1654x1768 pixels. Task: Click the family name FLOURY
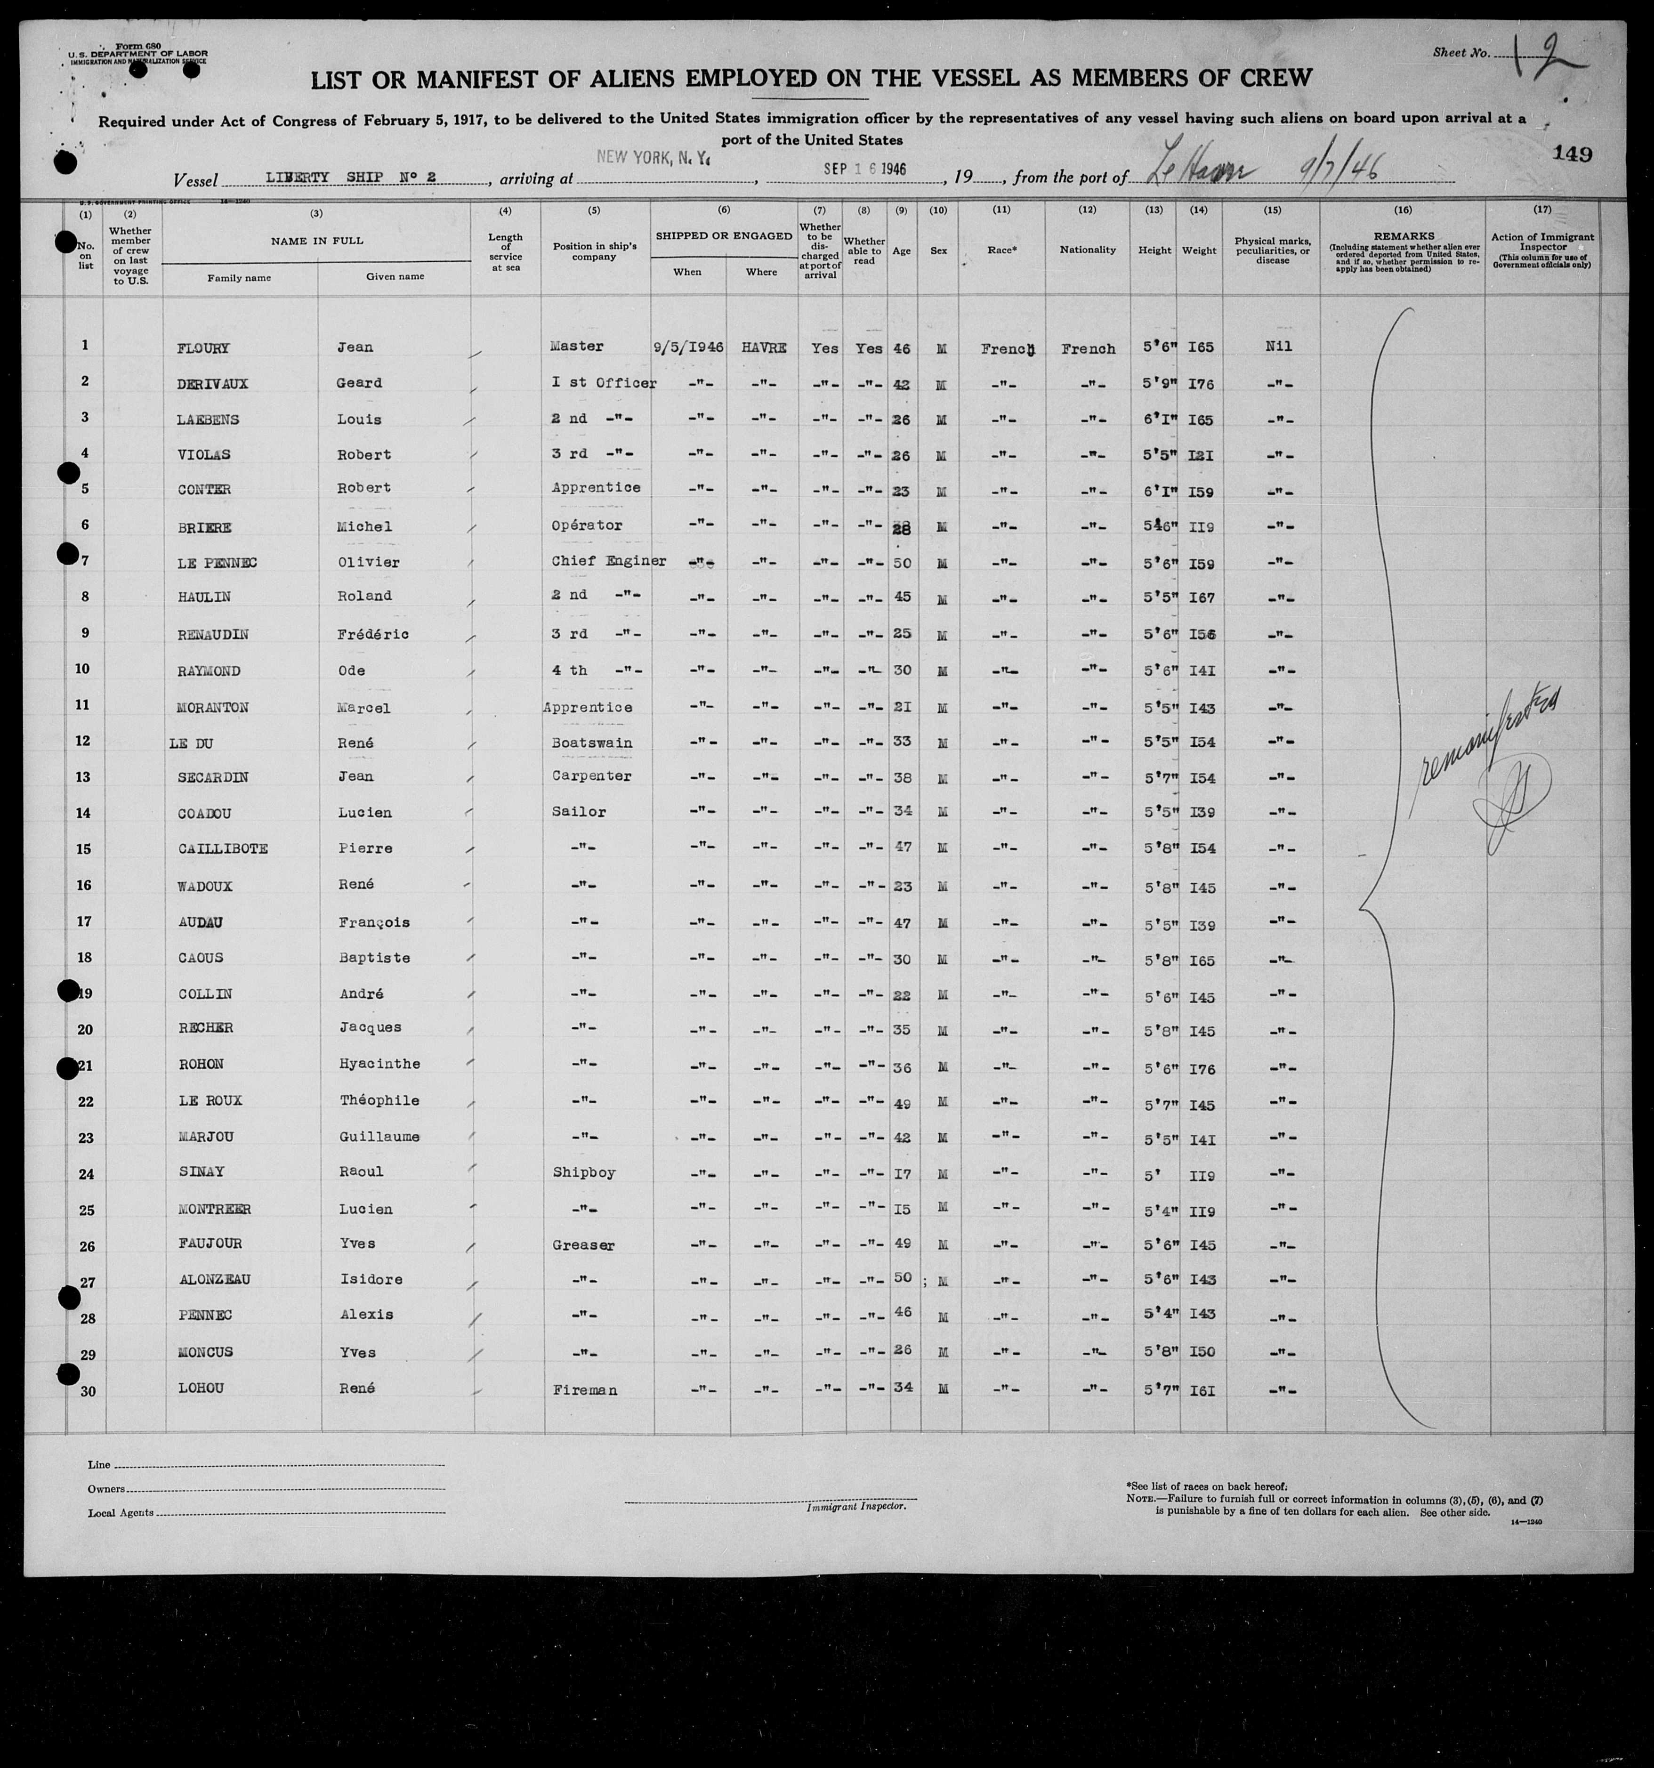(204, 348)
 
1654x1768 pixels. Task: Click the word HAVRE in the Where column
(763, 348)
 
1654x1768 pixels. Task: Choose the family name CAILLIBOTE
(223, 848)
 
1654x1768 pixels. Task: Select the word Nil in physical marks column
(1278, 347)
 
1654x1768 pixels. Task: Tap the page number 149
(1572, 154)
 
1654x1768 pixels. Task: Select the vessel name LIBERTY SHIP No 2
(350, 177)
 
